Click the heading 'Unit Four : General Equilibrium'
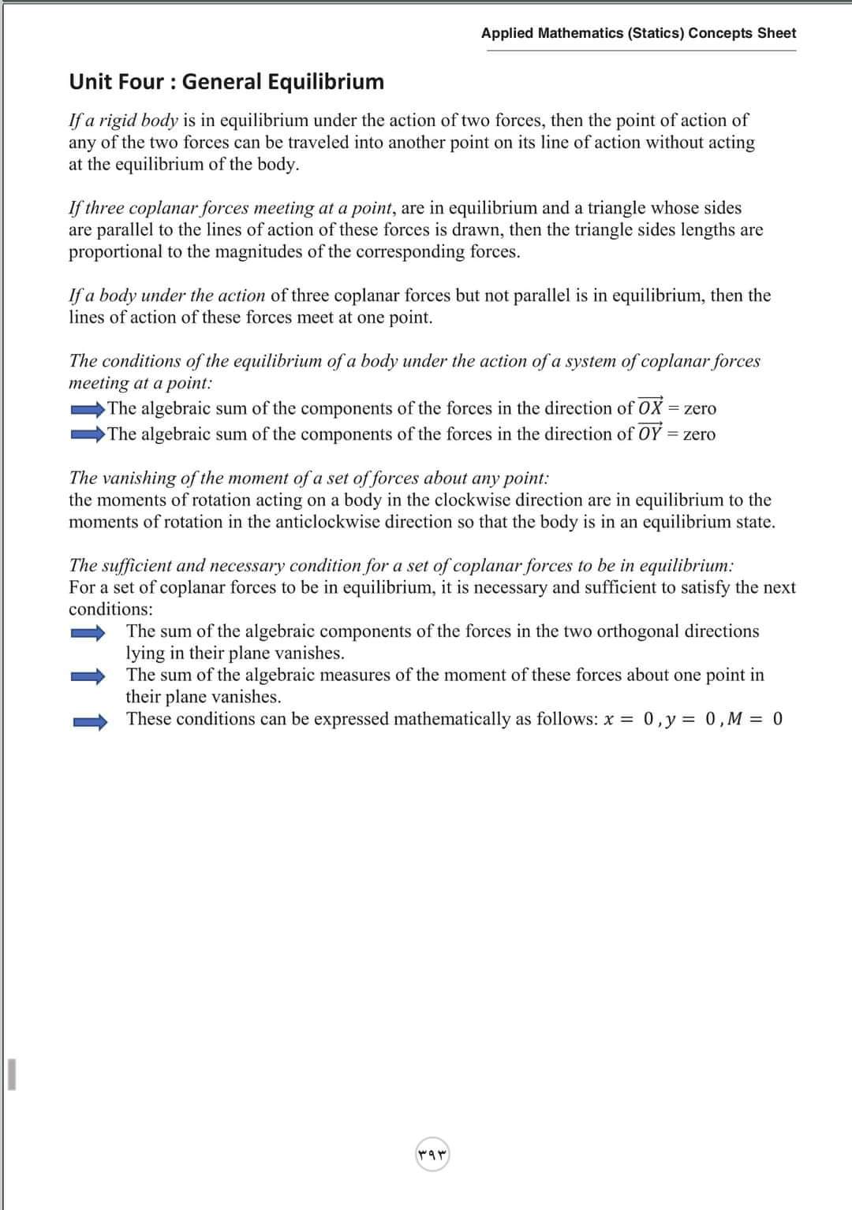226,82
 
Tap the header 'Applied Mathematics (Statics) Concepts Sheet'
638,33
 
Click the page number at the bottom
432,1155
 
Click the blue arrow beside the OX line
88,409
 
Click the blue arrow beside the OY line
88,434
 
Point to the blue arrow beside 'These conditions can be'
88,720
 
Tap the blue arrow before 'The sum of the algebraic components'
88,632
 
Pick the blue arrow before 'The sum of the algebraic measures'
88,676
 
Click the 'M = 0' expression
755,719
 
